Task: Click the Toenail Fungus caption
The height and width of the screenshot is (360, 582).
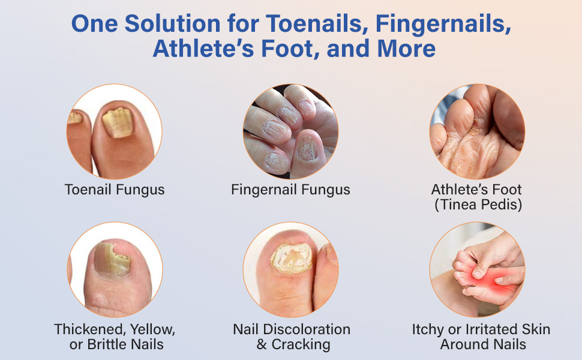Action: point(115,190)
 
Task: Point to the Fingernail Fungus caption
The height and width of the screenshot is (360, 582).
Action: point(290,190)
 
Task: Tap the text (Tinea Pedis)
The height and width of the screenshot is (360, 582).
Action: point(478,205)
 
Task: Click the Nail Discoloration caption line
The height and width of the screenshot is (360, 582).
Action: point(292,329)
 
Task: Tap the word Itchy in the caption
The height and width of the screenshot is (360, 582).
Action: point(429,329)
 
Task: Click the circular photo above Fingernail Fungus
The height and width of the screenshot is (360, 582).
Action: point(290,131)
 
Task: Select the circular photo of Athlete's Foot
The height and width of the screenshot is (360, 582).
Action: point(477,131)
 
